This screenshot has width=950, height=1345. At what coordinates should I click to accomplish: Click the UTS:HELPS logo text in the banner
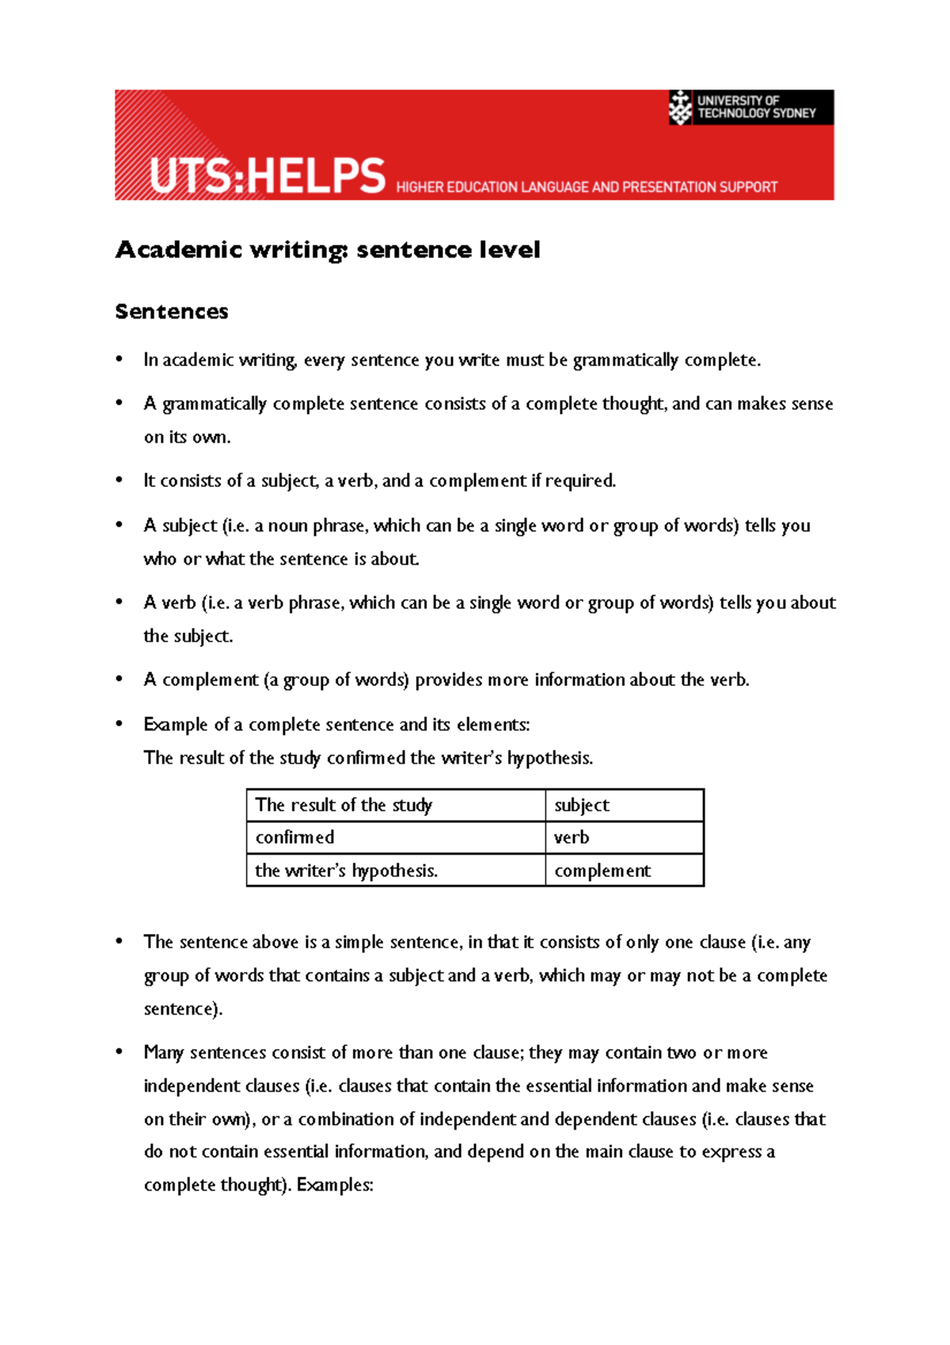pyautogui.click(x=268, y=176)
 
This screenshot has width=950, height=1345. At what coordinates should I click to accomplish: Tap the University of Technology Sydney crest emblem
pyautogui.click(x=680, y=107)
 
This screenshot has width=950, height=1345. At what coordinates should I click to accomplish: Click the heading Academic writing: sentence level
pyautogui.click(x=328, y=250)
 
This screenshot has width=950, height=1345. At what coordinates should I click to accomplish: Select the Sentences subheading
pyautogui.click(x=172, y=311)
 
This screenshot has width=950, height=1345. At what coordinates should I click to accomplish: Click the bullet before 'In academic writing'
pyautogui.click(x=120, y=360)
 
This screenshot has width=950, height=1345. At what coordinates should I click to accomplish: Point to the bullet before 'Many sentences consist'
pyautogui.click(x=120, y=1052)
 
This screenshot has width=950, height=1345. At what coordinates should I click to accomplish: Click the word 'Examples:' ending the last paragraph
pyautogui.click(x=334, y=1185)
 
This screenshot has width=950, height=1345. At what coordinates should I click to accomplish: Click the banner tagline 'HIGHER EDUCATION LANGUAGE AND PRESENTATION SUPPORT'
pyautogui.click(x=587, y=188)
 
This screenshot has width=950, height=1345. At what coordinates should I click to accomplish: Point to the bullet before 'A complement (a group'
pyautogui.click(x=120, y=680)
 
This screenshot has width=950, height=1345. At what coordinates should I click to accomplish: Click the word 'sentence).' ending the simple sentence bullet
pyautogui.click(x=183, y=1009)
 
